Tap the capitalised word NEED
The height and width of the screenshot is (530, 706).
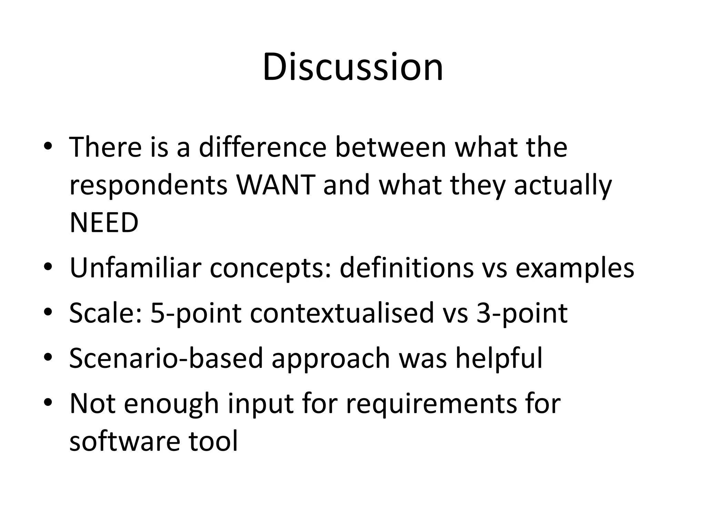point(104,223)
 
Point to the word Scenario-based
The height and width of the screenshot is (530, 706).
point(166,358)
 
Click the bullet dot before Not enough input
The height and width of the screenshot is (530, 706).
point(48,402)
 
